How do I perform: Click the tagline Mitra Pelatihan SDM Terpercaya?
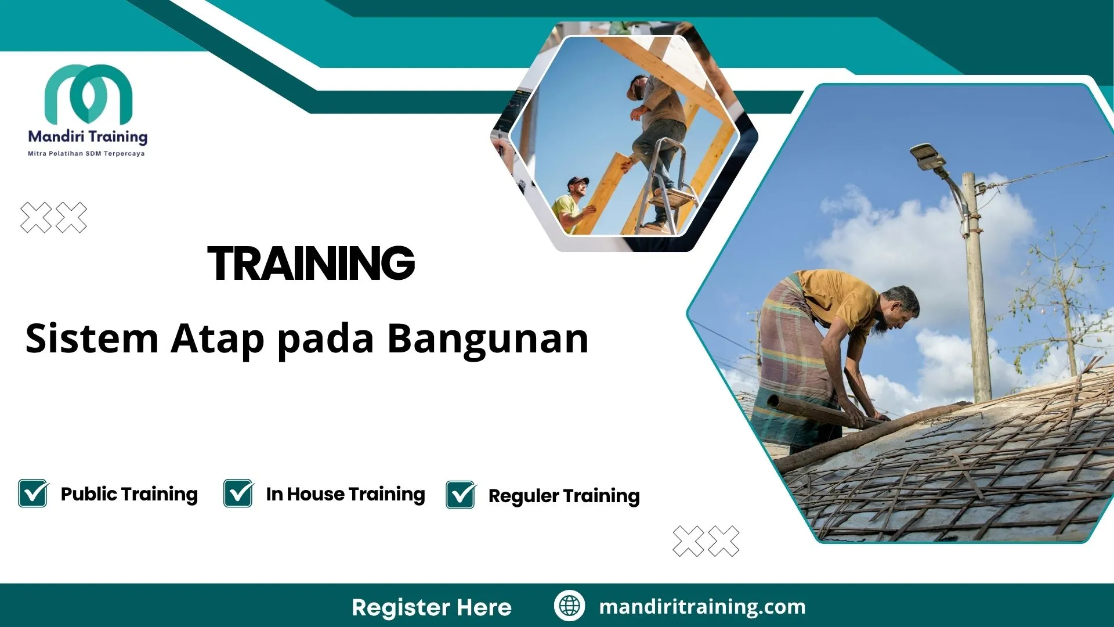[86, 154]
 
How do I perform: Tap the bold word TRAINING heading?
[311, 263]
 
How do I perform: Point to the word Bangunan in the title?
[488, 339]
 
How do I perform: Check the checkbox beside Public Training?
[33, 493]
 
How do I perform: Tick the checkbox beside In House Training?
[238, 493]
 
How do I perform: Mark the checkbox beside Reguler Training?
[461, 495]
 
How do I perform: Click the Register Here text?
[432, 607]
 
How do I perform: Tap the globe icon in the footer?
[569, 606]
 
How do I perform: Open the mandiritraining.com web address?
[702, 607]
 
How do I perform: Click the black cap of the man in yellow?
[577, 181]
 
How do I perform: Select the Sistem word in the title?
[92, 339]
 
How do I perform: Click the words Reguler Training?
[564, 496]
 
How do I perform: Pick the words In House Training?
[345, 494]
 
